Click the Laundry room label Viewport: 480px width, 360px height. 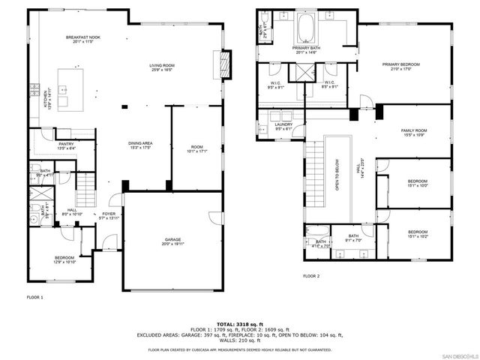coord(283,126)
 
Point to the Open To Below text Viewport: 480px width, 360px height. coord(337,175)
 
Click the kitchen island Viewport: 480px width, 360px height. coord(73,79)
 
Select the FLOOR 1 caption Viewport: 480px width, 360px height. coord(35,298)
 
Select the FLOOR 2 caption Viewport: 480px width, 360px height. coord(311,276)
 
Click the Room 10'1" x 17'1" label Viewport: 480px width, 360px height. coord(196,149)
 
